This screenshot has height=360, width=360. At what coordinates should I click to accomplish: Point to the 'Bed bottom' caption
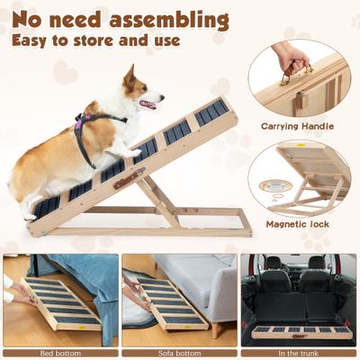[x=60, y=352]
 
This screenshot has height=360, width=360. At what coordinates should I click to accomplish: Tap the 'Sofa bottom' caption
[x=179, y=352]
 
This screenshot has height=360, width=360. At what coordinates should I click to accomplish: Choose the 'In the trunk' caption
[x=299, y=352]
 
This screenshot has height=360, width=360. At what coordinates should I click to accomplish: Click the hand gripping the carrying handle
[x=291, y=56]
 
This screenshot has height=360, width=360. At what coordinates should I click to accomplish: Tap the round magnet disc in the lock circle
[x=269, y=185]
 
